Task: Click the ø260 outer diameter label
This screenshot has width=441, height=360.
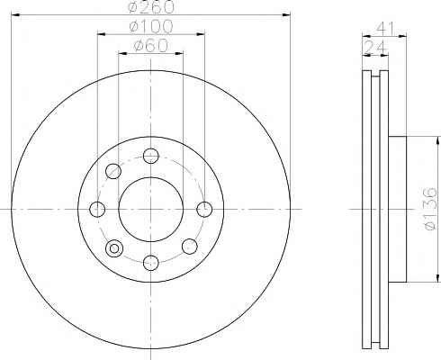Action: (151, 7)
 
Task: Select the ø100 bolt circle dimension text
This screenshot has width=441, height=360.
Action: (151, 27)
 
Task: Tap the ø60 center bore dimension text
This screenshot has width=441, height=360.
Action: (151, 46)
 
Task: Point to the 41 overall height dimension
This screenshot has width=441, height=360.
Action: (384, 28)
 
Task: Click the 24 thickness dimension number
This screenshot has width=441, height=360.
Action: (375, 47)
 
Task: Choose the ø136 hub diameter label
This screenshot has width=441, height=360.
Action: (431, 209)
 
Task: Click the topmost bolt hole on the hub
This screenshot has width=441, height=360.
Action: (150, 156)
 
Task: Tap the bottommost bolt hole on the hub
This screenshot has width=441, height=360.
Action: (150, 263)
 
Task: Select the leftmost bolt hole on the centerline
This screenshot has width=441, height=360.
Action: (97, 209)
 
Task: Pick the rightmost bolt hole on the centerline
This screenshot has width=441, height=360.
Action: (204, 209)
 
